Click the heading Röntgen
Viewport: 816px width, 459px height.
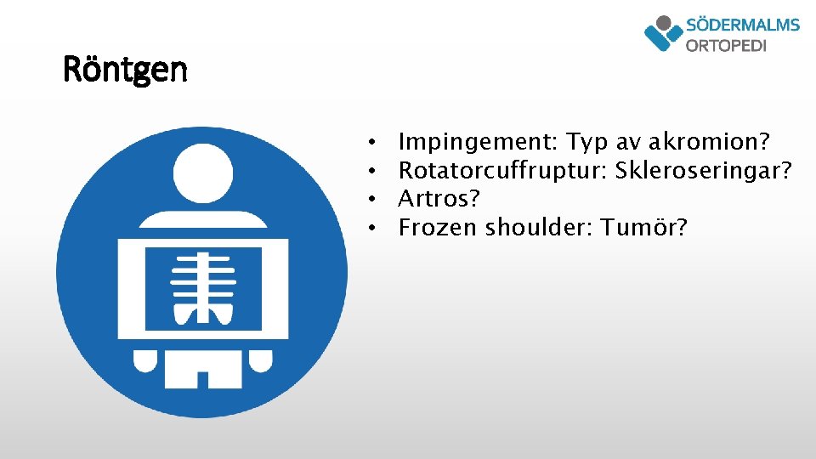click(x=126, y=70)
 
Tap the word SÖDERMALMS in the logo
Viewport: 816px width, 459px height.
click(x=742, y=25)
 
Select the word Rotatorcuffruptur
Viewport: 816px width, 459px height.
click(x=501, y=170)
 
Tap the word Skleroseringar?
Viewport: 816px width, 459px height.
click(x=704, y=170)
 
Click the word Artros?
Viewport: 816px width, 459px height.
click(x=439, y=199)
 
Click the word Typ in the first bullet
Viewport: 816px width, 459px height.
click(x=586, y=142)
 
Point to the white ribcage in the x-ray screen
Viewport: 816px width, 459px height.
click(x=201, y=289)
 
